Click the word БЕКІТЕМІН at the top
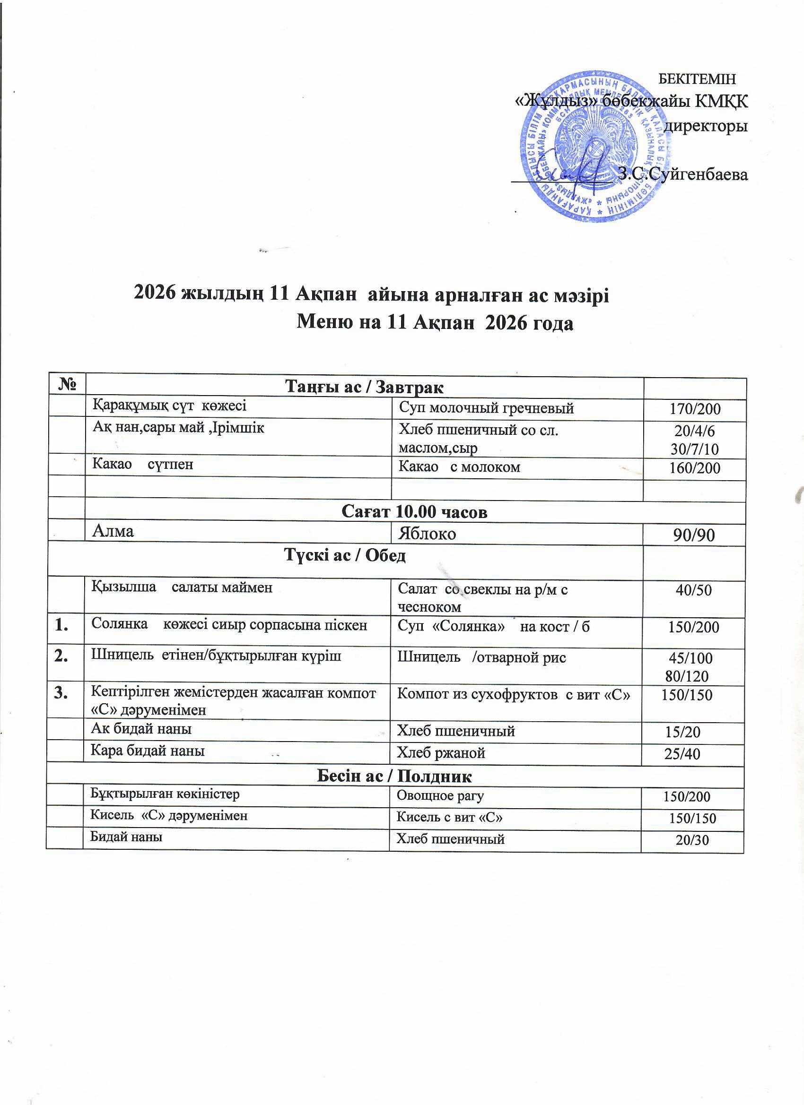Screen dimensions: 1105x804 pos(697,78)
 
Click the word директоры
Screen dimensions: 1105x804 pos(707,126)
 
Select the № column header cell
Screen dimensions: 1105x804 pos(68,386)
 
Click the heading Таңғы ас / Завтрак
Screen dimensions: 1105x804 pos(364,388)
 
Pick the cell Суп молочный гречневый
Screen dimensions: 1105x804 pos(486,408)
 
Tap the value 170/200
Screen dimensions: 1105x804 pos(694,409)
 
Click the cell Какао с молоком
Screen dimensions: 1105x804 pos(459,467)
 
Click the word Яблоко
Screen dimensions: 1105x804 pos(427,534)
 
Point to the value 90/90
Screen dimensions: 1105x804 pos(694,535)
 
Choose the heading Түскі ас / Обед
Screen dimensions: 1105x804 pos(345,555)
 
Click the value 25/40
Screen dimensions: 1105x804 pos(682,754)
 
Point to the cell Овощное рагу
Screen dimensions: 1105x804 pos(440,796)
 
